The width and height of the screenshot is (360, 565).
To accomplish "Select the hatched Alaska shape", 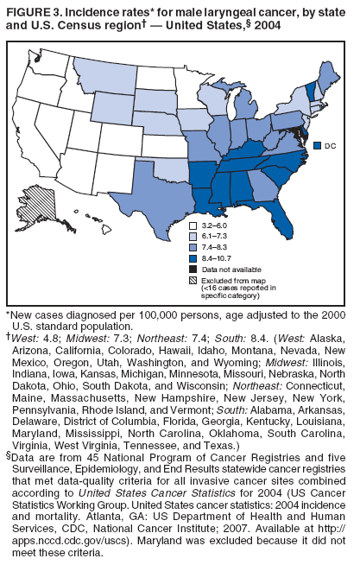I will coord(44,207).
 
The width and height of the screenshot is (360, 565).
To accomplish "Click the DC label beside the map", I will coord(331,146).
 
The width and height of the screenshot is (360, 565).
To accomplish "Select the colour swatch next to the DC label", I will coord(318,146).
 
